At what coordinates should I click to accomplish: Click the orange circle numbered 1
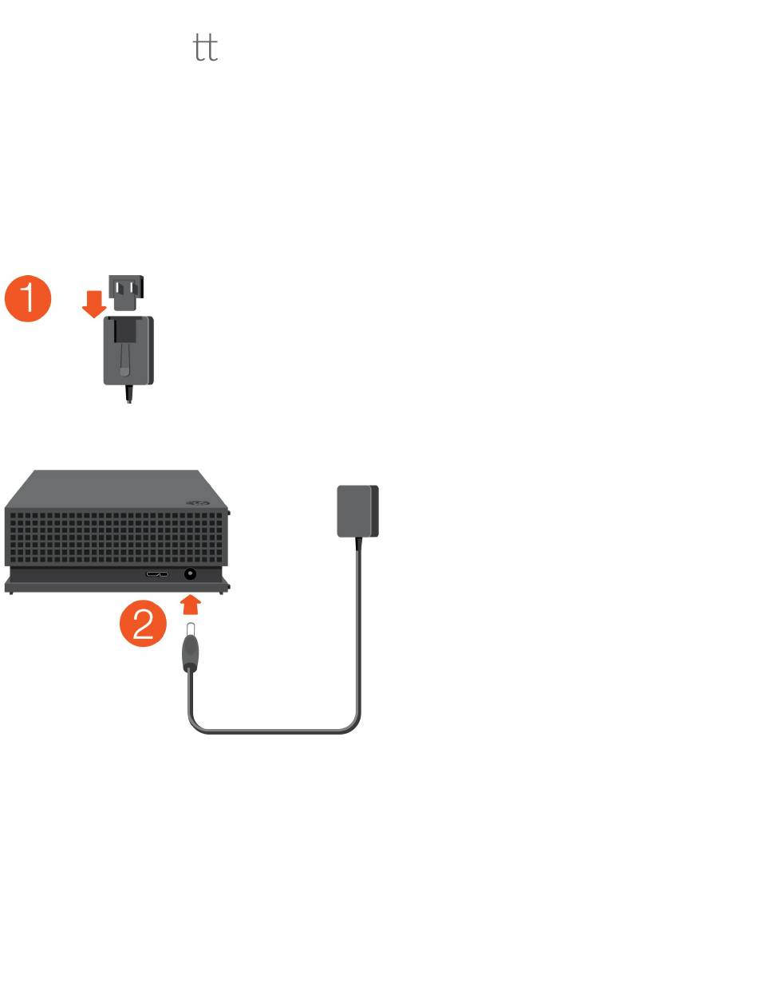tap(28, 299)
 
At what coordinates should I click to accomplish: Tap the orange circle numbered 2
tap(143, 623)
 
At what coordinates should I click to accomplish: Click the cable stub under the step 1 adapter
tap(128, 394)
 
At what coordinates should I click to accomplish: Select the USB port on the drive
tap(157, 574)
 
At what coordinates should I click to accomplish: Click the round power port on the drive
tap(191, 574)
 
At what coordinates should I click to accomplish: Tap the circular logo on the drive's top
tap(197, 503)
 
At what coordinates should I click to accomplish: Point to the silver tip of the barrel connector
tap(190, 633)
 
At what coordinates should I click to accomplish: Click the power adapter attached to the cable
tap(357, 511)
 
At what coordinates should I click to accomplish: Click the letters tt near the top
tap(206, 49)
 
